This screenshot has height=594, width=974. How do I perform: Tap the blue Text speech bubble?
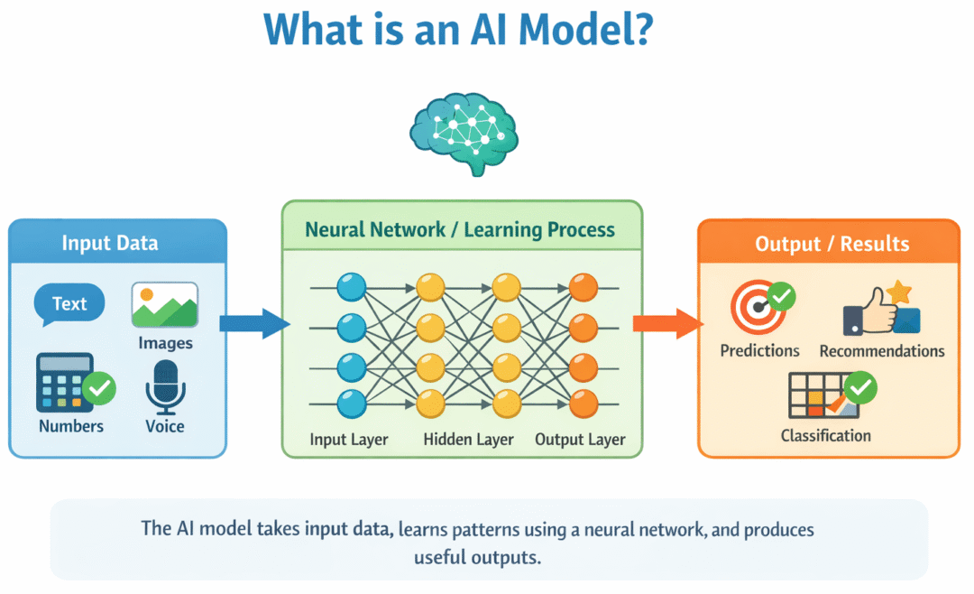(x=69, y=305)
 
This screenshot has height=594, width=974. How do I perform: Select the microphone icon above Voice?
(x=165, y=386)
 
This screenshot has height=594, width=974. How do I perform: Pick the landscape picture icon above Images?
(x=165, y=306)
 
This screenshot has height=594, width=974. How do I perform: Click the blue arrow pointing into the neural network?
(x=254, y=323)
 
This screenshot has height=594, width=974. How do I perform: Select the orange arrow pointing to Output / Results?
(x=666, y=323)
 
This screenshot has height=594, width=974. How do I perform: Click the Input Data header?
(x=110, y=243)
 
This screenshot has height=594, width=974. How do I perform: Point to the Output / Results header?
(x=832, y=244)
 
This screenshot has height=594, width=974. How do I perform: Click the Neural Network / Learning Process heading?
(x=460, y=229)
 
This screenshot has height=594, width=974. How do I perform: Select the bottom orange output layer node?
(x=583, y=403)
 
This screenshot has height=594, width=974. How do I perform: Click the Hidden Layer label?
(x=468, y=441)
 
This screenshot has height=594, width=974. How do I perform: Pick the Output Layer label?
(x=580, y=441)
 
